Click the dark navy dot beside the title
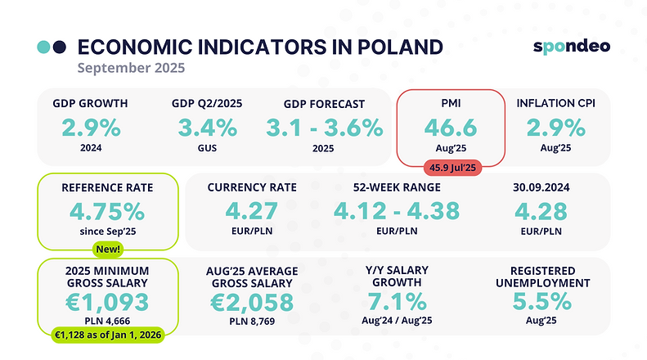[59, 47]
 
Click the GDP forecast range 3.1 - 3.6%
[325, 128]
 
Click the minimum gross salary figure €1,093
[107, 301]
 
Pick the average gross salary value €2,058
[252, 301]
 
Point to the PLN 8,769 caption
[252, 323]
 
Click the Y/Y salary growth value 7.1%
[397, 301]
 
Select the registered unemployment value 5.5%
[541, 301]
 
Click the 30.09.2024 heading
[542, 187]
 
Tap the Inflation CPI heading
[555, 104]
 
